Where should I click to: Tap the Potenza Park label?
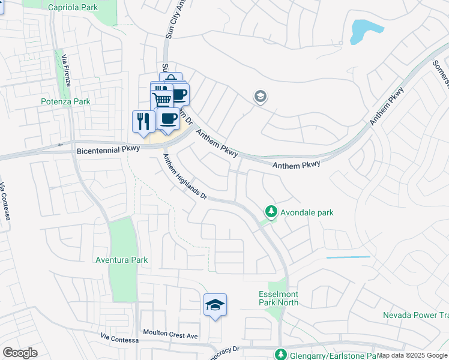click(x=65, y=102)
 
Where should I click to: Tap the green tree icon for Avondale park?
click(x=271, y=212)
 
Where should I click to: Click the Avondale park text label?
click(x=307, y=212)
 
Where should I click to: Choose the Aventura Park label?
click(x=122, y=260)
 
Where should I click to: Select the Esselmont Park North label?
click(x=278, y=298)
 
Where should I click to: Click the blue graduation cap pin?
click(x=215, y=305)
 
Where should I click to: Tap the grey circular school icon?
click(x=260, y=97)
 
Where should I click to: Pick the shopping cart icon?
click(x=161, y=98)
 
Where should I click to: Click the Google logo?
click(x=20, y=353)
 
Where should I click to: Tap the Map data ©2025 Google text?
click(x=412, y=355)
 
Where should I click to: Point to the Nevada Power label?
click(x=414, y=315)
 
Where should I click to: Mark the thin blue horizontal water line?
click(x=348, y=257)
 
